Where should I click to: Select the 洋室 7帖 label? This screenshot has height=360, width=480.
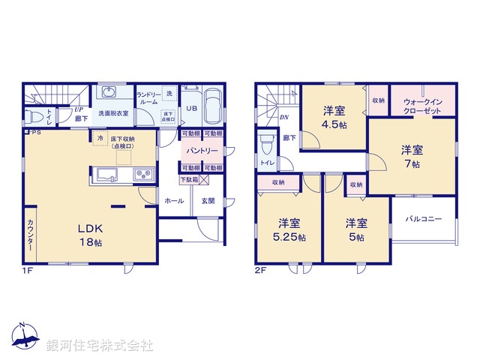coord(409,156)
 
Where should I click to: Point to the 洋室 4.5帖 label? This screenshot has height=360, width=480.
coord(334,118)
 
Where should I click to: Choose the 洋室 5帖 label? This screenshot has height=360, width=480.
coord(355,229)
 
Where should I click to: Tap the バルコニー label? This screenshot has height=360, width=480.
coord(424,219)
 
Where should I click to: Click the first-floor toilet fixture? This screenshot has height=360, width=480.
coord(34,116)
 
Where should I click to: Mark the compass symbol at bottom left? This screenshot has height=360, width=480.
coord(24,339)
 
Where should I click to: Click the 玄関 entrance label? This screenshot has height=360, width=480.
coord(208,200)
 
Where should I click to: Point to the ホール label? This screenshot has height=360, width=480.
coord(173,200)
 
